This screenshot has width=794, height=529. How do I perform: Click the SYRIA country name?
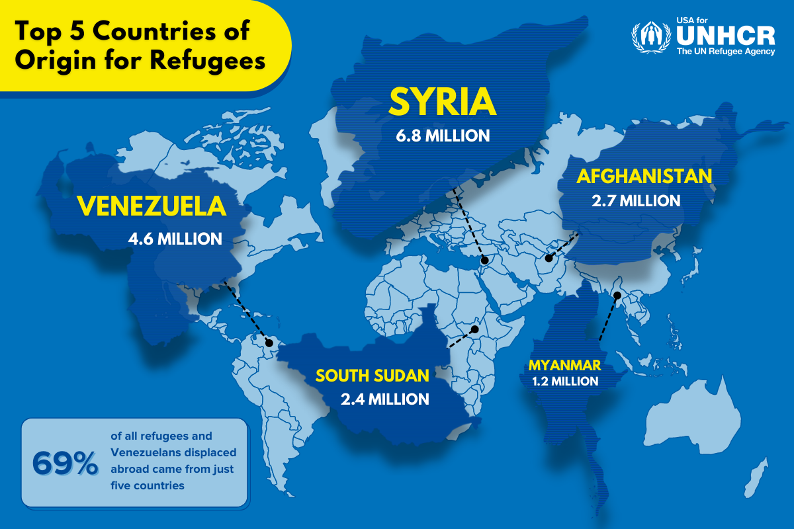[x=442, y=101]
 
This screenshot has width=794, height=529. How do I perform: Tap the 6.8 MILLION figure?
[x=442, y=136]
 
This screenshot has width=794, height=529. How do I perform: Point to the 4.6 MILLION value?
[x=175, y=238]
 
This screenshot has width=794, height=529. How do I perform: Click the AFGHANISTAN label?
[x=644, y=176]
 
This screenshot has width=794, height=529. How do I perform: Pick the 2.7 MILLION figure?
[x=636, y=200]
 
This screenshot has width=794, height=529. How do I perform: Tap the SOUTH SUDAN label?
[x=372, y=376]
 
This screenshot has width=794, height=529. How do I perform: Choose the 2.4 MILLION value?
[x=384, y=399]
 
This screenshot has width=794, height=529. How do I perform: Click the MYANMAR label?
[x=564, y=364]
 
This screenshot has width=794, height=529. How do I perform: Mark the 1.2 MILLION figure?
[x=565, y=382]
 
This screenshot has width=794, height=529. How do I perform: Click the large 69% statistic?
[x=65, y=464]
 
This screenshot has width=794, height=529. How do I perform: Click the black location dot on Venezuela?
[x=269, y=343]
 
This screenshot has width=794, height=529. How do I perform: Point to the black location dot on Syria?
[x=484, y=261]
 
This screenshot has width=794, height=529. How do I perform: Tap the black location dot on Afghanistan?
[x=549, y=259]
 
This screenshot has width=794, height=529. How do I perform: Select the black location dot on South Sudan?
[x=474, y=329]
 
